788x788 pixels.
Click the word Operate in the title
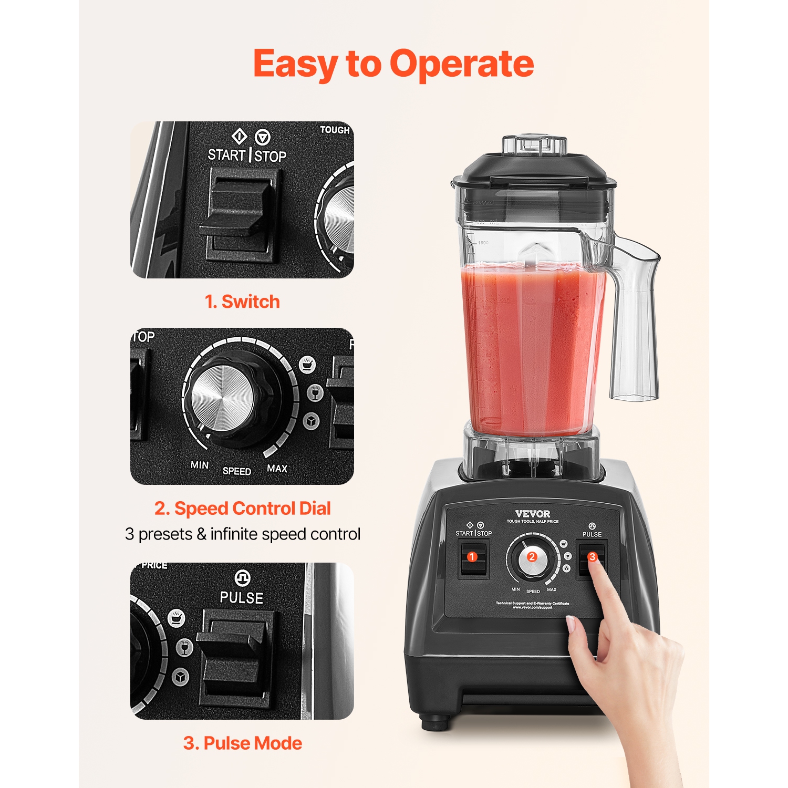461,65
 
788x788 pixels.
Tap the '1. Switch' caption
242,302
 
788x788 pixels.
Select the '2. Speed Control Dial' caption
242,509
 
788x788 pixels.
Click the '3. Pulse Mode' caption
242,743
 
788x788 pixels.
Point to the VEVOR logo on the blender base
533,514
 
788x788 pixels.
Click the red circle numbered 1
472,557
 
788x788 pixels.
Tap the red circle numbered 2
532,557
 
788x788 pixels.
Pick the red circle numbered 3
593,557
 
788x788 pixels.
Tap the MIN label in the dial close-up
200,465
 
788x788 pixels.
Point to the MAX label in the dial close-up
277,468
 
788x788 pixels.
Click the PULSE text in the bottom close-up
242,598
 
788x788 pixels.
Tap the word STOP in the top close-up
271,156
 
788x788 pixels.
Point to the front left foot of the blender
435,723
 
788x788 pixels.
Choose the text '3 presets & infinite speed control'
243,534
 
